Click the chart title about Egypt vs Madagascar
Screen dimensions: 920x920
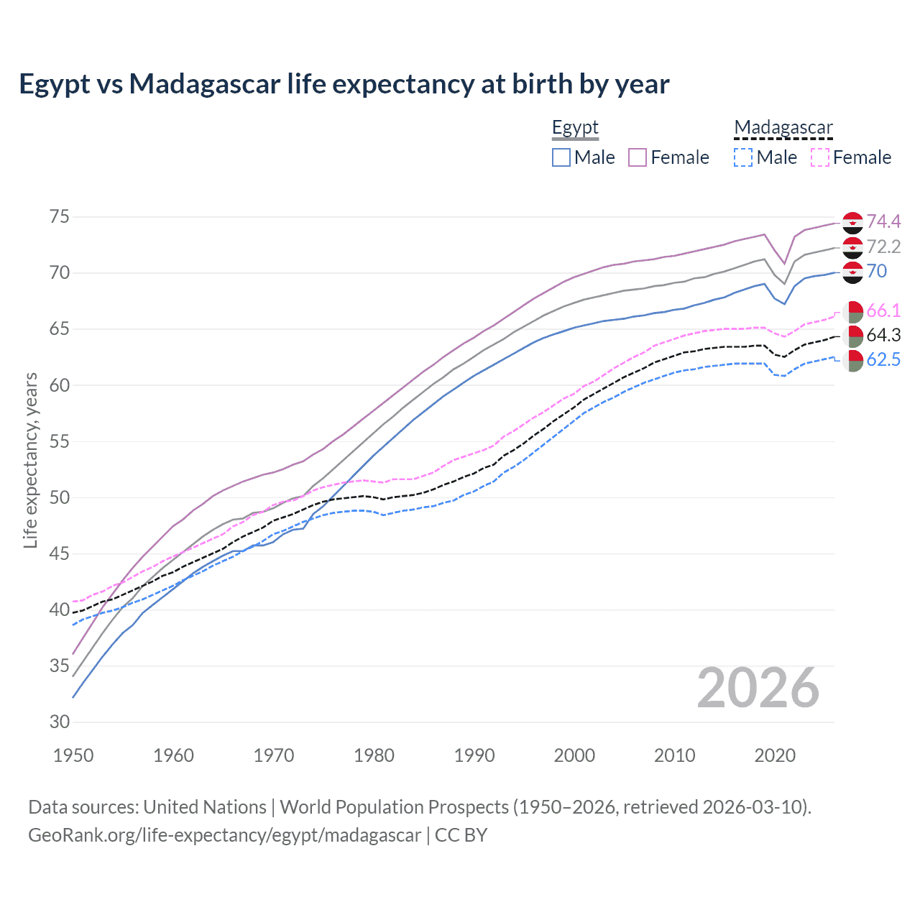tap(344, 84)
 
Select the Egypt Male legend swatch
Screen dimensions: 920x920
tap(561, 157)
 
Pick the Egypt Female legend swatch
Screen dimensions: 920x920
tap(638, 157)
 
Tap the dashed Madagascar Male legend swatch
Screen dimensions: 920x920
tap(743, 157)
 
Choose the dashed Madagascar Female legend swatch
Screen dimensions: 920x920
tap(820, 157)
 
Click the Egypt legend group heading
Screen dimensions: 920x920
tap(575, 128)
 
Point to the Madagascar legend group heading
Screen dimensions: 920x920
tap(783, 128)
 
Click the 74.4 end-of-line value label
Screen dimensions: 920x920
tap(883, 221)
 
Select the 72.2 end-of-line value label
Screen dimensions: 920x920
tap(883, 247)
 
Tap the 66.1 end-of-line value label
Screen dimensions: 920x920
tap(883, 310)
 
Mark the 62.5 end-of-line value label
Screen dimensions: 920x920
tap(883, 359)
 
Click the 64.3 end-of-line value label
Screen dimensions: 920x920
tap(883, 335)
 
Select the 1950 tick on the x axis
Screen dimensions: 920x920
tap(73, 755)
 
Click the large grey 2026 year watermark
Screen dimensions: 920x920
tap(758, 688)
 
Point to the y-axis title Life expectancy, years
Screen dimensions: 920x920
tap(30, 460)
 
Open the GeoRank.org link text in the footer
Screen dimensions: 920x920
tap(224, 835)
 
